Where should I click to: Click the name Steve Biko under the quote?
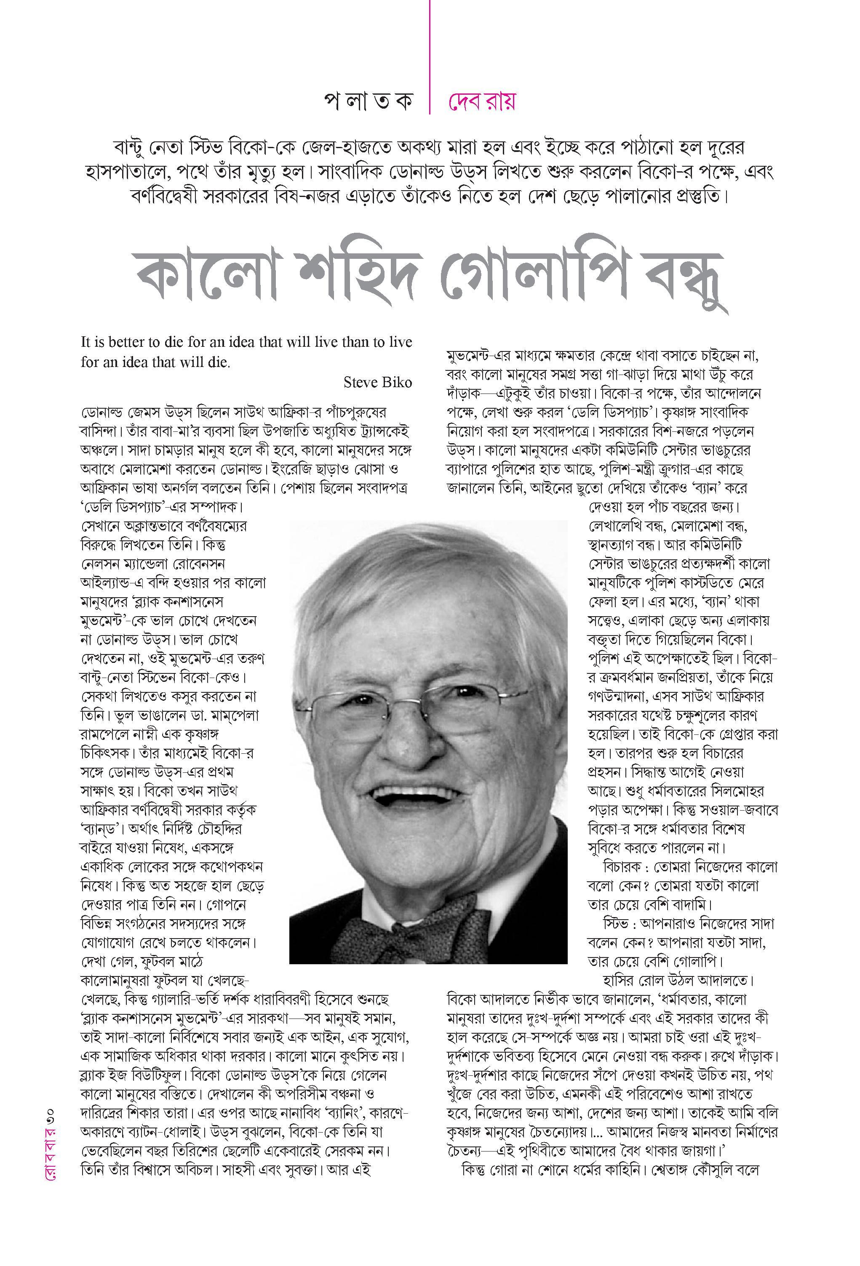pyautogui.click(x=377, y=383)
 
